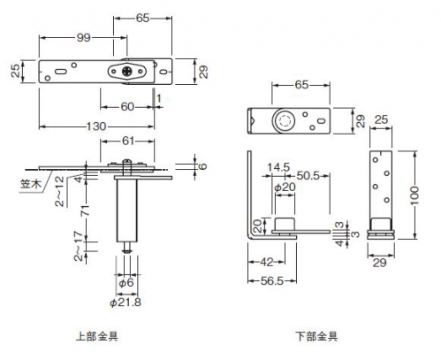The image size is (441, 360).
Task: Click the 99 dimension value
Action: coord(83,38)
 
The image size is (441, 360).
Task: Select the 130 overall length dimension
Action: coord(96,126)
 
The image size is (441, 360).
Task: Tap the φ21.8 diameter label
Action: coord(125,303)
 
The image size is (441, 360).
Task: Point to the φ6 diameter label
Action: coord(126,283)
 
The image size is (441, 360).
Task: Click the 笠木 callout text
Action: coord(31,184)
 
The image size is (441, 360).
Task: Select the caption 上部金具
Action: coord(97,336)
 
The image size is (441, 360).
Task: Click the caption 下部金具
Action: coord(316,336)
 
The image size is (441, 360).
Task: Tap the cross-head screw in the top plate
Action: coord(127,72)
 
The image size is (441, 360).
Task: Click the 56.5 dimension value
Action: coord(272,281)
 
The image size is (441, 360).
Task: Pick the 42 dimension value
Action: coord(267,262)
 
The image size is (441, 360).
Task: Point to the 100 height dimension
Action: coord(414,195)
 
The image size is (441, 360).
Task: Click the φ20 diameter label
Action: coord(285,187)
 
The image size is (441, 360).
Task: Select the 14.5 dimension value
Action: coord(278,167)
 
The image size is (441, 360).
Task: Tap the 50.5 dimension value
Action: coord(308,176)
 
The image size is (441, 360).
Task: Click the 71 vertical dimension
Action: coord(86,211)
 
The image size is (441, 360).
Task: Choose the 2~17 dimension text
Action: coord(79,246)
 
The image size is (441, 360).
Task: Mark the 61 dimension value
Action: coord(128,142)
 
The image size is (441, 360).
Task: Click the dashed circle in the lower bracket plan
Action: coord(285,121)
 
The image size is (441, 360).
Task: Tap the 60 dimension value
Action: coord(127,107)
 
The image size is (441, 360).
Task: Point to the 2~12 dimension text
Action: coord(60,192)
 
